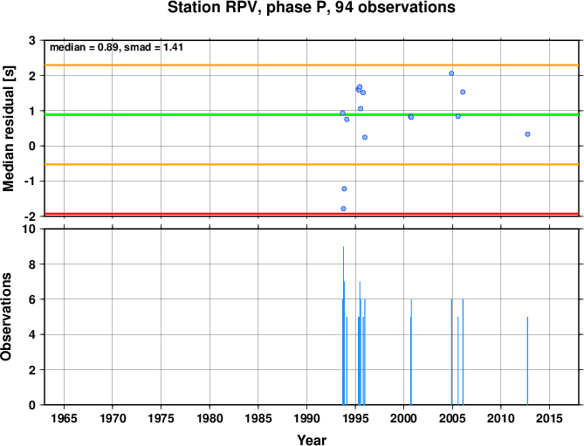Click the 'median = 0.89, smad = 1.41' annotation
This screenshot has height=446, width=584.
coord(116,47)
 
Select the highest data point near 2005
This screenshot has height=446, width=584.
coord(451,73)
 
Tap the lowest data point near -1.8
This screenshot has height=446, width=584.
coord(343,209)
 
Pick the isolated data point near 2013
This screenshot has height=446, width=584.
coord(527,134)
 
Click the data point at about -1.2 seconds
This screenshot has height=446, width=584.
coord(344,189)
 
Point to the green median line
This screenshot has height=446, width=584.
coord(312,114)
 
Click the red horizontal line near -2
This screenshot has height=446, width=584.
coord(312,214)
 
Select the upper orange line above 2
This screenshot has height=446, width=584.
coord(312,65)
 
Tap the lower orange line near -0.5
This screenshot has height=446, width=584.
coord(312,164)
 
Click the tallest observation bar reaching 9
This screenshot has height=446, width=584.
coord(343,326)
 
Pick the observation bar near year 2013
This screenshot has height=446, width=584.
coord(527,360)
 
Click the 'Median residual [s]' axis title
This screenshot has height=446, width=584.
coord(8,128)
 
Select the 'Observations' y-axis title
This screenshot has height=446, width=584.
coord(6,317)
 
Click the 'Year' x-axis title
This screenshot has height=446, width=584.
coord(312,440)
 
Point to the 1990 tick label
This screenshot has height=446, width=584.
coord(306,418)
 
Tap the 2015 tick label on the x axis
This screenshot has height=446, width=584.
coord(549,418)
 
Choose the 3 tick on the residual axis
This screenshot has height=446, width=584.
coord(31,40)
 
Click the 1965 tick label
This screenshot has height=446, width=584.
coord(64,418)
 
